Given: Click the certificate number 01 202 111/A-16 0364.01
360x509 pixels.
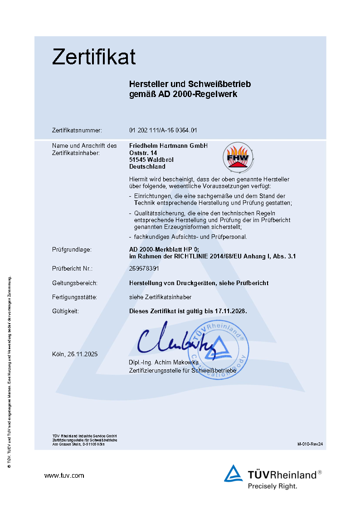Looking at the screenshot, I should tap(163, 131).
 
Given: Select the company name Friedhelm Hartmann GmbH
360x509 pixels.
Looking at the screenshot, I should tap(168, 146).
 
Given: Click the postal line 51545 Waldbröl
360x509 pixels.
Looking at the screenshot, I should tap(151, 160).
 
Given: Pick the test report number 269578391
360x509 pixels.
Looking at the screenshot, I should tap(144, 269).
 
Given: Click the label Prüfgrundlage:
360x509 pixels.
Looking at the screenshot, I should tap(72, 249).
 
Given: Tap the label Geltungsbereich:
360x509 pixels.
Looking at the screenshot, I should tap(75, 283).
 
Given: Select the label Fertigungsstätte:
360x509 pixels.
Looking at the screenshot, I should tap(75, 297).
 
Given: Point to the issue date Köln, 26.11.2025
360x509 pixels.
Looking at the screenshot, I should tap(75, 354).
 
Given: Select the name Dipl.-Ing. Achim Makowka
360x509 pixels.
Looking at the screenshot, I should tap(164, 363).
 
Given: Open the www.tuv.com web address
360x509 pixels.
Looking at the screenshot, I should tap(64, 475).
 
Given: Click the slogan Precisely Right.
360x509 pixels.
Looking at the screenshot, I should tap(272, 486).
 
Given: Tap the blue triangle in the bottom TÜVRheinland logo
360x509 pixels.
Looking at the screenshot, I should tap(233, 474).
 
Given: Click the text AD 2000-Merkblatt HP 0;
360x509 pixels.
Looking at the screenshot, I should tap(164, 249).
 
